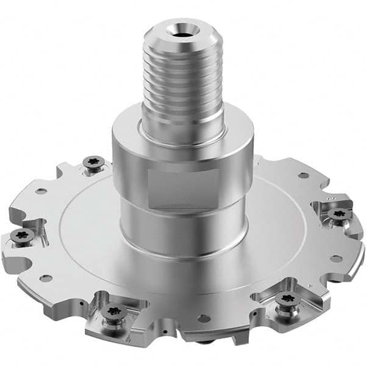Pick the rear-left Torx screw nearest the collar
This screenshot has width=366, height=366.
coord(93,163)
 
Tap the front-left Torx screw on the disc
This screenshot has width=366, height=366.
coord(112,312)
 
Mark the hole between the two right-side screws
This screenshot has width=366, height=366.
coord(336,258)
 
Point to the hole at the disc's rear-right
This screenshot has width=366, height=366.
coord(303,176)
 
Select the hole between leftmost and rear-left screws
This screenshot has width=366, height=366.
coord(41,191)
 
